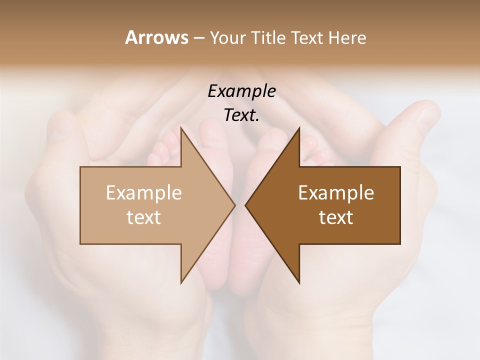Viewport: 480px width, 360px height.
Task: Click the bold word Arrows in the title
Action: click(x=156, y=37)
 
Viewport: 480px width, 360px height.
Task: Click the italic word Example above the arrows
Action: click(x=241, y=91)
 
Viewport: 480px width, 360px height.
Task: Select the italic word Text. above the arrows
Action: click(x=241, y=115)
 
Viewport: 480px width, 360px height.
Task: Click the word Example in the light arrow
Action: click(x=144, y=192)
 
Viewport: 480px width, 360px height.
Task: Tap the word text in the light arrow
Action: click(x=144, y=217)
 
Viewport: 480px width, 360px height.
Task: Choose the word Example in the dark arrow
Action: click(x=336, y=192)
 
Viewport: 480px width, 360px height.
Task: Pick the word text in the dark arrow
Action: click(x=336, y=217)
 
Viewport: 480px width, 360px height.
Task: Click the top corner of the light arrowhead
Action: click(x=181, y=128)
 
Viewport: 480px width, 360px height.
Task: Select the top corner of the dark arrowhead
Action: click(x=299, y=128)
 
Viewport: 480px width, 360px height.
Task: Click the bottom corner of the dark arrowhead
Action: click(x=299, y=283)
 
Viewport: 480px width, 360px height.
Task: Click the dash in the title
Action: click(x=198, y=38)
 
